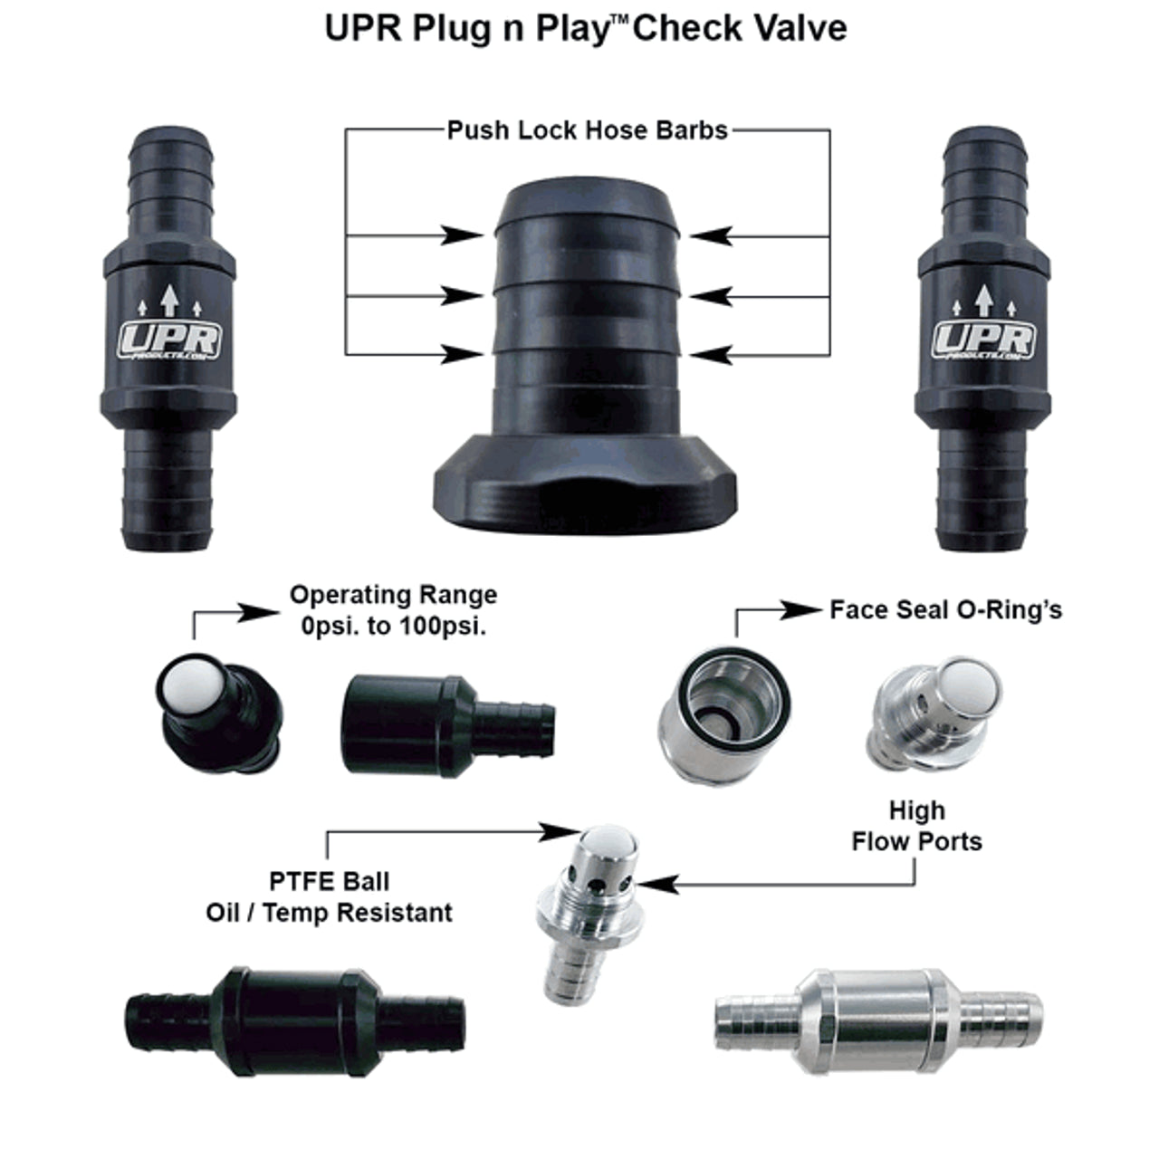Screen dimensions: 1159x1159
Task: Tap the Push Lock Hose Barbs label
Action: tap(587, 130)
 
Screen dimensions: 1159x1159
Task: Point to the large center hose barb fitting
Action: tap(587, 362)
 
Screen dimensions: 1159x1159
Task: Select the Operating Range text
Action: tap(393, 595)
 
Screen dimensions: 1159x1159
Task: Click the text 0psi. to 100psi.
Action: tap(393, 626)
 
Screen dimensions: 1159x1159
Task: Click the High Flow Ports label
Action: tap(916, 825)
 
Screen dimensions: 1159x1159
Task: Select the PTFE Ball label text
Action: tap(330, 881)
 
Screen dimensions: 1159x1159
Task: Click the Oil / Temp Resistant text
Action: tap(330, 912)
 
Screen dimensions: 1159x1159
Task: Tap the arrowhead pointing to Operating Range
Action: tap(263, 612)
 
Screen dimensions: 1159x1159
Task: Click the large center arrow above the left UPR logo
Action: tap(169, 300)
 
